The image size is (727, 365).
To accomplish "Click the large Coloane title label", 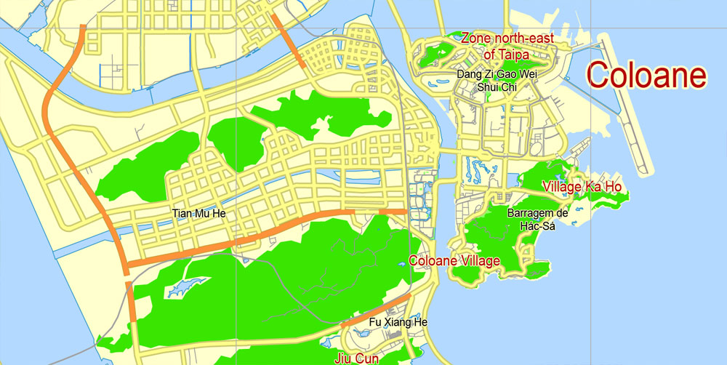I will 646,75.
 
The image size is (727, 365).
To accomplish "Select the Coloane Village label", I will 454,260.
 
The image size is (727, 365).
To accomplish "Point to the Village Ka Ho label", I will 582,187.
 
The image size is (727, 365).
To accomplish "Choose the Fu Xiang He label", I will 398,322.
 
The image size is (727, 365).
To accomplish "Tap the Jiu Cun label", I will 358,358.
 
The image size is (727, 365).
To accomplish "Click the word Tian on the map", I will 182,214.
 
